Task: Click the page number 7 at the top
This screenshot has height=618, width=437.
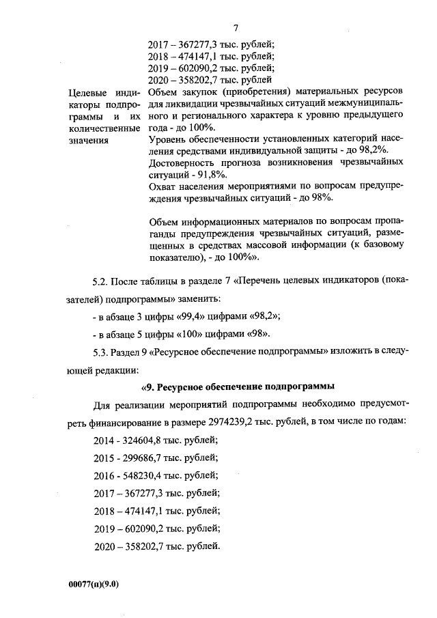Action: (x=234, y=28)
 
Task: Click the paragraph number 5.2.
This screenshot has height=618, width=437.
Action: (x=100, y=281)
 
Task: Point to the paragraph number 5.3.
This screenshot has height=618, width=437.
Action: (x=100, y=352)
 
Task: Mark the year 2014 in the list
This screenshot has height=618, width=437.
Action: (x=105, y=439)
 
